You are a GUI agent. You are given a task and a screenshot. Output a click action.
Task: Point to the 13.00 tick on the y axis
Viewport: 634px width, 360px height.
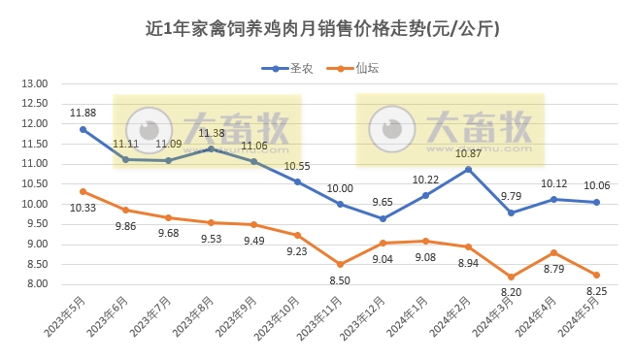coord(35,83)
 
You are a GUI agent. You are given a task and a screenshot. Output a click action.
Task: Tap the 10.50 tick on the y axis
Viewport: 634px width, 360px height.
coord(35,184)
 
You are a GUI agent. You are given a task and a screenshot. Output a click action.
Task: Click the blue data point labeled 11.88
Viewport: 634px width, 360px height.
coord(83,129)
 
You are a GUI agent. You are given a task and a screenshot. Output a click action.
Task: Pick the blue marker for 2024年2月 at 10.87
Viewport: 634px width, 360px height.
coord(468,169)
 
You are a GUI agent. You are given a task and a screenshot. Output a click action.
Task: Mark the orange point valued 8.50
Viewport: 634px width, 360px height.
coord(340,264)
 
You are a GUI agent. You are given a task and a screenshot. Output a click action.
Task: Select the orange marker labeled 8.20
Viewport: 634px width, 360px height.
coord(511,277)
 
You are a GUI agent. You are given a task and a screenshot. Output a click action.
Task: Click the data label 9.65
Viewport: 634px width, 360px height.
coord(383,202)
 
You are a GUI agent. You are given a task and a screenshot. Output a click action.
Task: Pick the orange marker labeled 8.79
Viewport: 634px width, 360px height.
coord(553,252)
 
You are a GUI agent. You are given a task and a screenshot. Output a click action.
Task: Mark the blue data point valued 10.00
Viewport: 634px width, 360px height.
coord(340,204)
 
